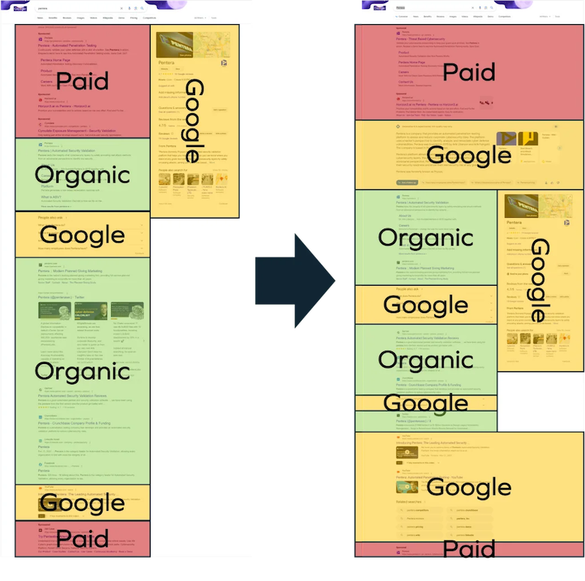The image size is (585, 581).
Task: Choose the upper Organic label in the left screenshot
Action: tap(82, 175)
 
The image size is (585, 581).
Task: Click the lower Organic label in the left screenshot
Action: tap(82, 371)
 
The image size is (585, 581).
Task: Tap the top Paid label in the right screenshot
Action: tap(469, 72)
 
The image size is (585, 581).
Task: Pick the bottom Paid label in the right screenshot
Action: tap(469, 549)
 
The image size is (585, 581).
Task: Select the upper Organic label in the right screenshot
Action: tap(426, 238)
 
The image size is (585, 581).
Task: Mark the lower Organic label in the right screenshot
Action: tap(426, 360)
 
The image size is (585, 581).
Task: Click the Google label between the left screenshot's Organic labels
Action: tap(82, 235)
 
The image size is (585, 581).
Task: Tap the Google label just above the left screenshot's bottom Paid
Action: tap(82, 503)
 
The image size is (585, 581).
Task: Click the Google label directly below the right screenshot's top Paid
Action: tap(469, 155)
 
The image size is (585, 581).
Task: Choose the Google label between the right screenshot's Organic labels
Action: tap(426, 305)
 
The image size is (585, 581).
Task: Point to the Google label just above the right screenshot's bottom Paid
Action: tap(469, 487)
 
